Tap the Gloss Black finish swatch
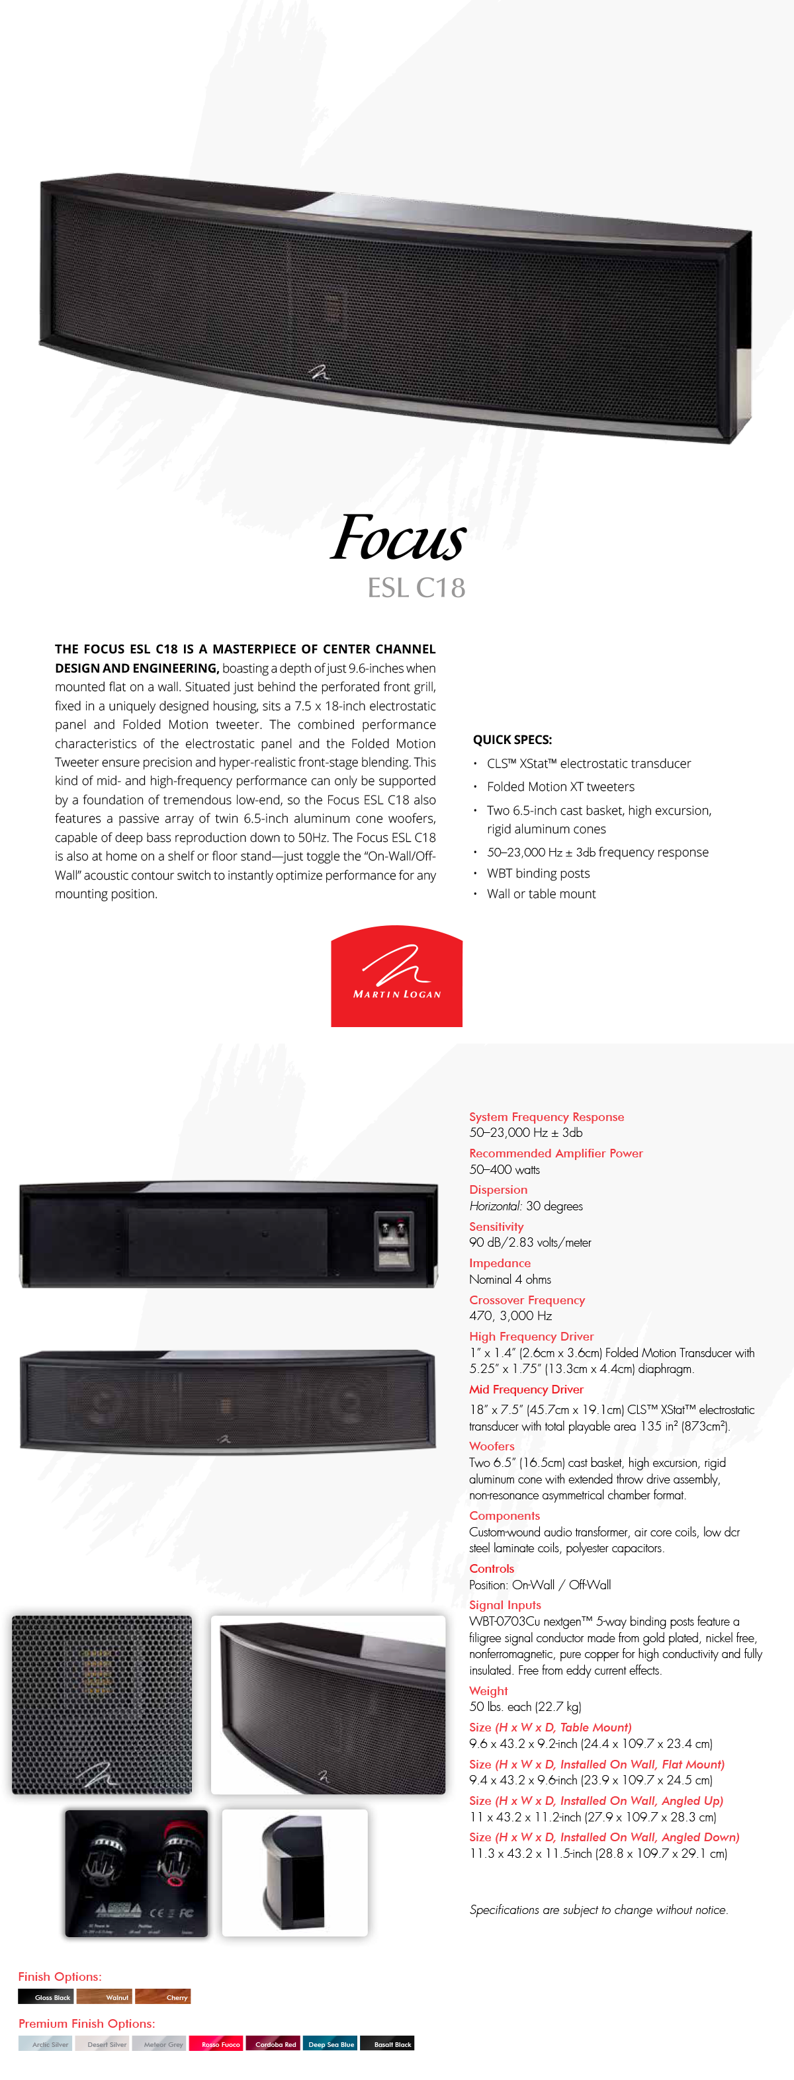(x=46, y=1997)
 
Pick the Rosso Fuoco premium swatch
(x=216, y=2044)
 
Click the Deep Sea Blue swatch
(x=330, y=2044)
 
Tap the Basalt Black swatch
(x=387, y=2044)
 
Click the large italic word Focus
(x=398, y=538)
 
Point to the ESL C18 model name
(x=416, y=588)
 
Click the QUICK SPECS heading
(x=512, y=739)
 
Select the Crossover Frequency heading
(x=527, y=1300)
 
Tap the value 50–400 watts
(x=505, y=1169)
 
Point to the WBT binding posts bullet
(x=538, y=873)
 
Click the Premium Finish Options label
(x=87, y=2024)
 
